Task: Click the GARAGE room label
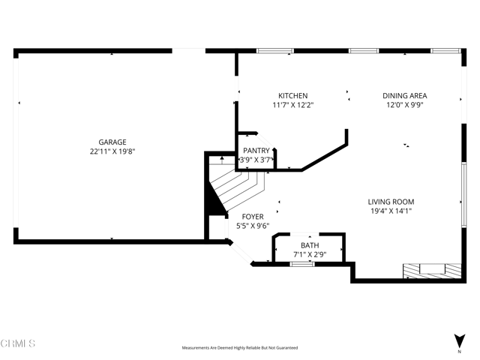112,142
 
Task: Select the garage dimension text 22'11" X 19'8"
112,151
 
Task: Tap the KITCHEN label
292,96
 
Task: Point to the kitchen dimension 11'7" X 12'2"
292,106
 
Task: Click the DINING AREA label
405,96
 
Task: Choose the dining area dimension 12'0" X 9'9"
405,106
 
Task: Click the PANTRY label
256,151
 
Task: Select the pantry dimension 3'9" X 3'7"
256,160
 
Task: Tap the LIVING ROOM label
391,202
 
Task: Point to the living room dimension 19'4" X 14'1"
391,211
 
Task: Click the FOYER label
252,217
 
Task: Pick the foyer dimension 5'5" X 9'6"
252,226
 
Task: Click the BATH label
310,246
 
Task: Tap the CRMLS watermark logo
18,343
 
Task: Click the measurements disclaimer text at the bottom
240,348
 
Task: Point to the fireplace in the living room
431,269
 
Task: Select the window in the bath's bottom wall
302,263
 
